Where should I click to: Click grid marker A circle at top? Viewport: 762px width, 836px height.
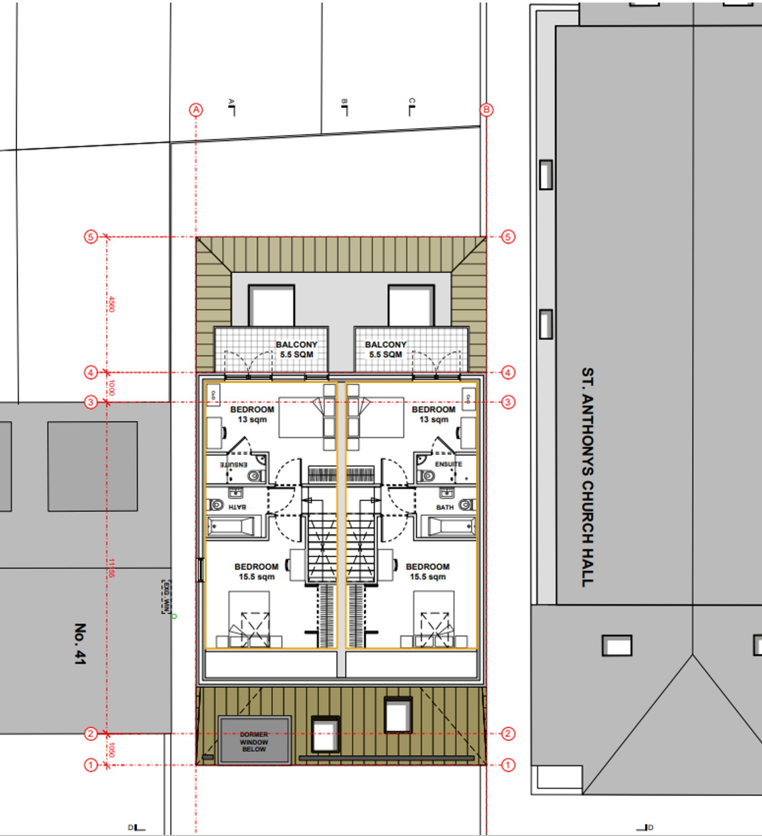(x=196, y=110)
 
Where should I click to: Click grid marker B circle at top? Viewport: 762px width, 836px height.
(x=486, y=110)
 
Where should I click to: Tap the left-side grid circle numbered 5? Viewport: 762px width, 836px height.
(x=91, y=237)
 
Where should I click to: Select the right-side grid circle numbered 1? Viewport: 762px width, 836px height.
(x=508, y=765)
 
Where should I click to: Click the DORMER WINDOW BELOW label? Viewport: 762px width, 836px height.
(x=254, y=742)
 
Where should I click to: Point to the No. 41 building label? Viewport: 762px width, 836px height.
(x=80, y=644)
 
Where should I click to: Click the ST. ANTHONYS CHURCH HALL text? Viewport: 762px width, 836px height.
(x=587, y=477)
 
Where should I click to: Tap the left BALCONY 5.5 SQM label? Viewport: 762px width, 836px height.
(x=296, y=349)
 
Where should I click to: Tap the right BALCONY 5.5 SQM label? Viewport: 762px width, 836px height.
(x=385, y=349)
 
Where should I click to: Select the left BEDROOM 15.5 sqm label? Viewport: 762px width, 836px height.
(x=256, y=571)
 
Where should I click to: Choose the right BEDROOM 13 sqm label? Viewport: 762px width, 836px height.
(x=433, y=414)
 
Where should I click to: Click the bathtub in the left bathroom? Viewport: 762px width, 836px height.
(x=231, y=527)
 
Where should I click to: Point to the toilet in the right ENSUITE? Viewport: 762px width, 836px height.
(x=426, y=476)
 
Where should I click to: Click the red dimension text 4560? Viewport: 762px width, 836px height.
(x=111, y=304)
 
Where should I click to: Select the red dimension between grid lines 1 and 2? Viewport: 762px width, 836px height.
(x=111, y=749)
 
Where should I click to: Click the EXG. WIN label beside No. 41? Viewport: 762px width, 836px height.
(x=166, y=597)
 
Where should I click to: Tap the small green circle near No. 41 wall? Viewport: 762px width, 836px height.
(x=174, y=616)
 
